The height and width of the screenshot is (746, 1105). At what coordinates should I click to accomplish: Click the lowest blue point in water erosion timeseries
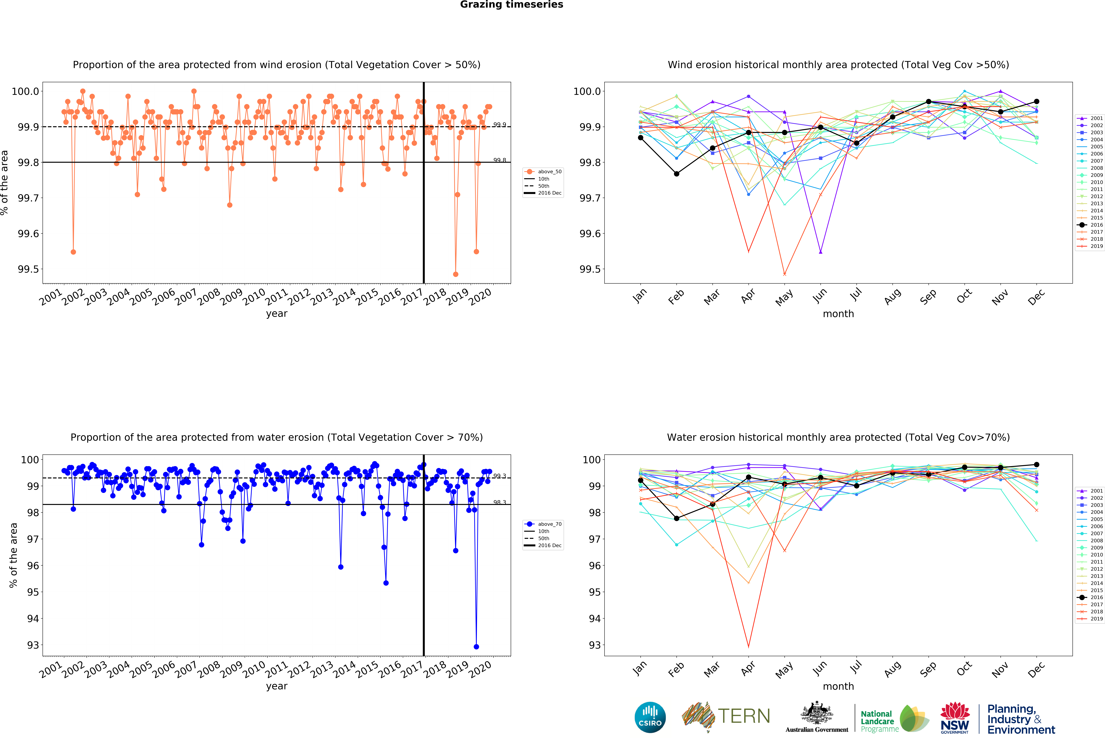click(476, 647)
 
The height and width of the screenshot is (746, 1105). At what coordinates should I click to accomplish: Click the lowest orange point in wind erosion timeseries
click(456, 274)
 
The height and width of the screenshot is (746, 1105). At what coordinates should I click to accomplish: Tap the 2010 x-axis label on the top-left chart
click(254, 297)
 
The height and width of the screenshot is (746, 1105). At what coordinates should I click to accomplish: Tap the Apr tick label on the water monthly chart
click(748, 669)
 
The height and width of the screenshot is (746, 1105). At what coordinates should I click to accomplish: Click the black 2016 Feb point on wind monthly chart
click(677, 174)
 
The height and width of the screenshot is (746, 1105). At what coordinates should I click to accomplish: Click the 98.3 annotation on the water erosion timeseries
click(499, 502)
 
